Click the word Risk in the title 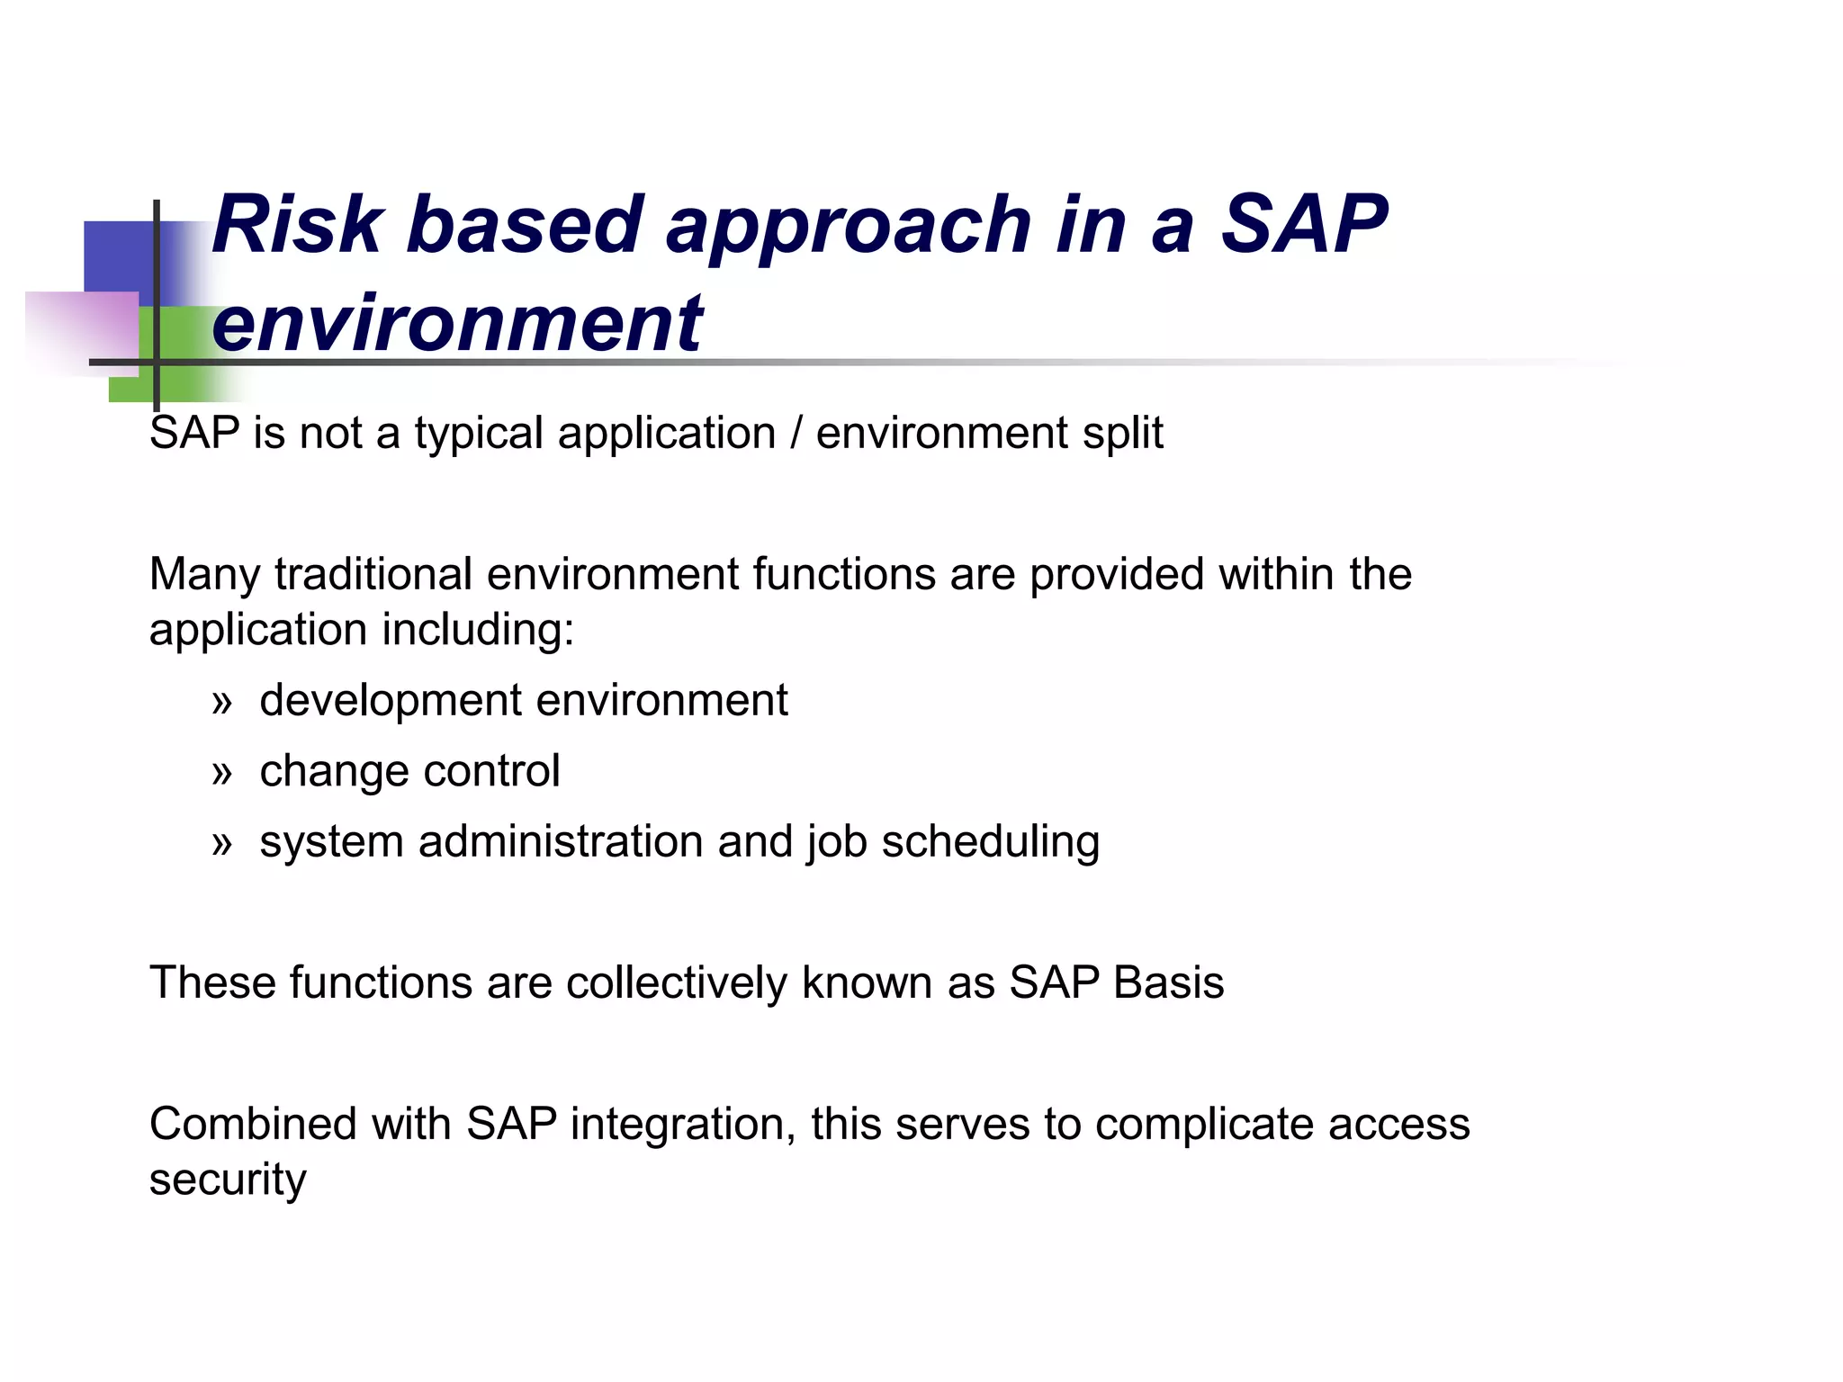pyautogui.click(x=297, y=225)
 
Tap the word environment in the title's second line pyautogui.click(x=457, y=324)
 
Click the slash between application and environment pyautogui.click(x=796, y=433)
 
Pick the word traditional pyautogui.click(x=373, y=574)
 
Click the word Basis pyautogui.click(x=1168, y=983)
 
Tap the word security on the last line pyautogui.click(x=228, y=1180)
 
